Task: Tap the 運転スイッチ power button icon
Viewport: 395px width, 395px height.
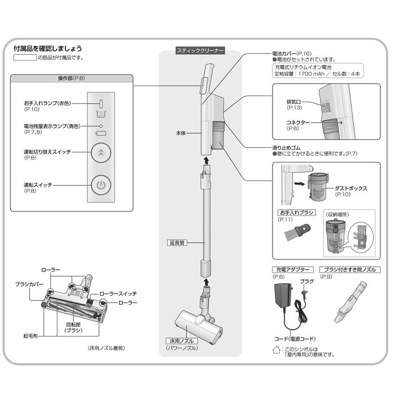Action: (100, 185)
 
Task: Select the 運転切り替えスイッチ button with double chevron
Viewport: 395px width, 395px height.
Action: (100, 152)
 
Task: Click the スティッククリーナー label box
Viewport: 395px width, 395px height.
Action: (200, 51)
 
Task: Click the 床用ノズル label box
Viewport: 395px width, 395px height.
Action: (181, 341)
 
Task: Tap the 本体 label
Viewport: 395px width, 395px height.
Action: (181, 134)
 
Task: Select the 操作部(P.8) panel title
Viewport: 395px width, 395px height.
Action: (72, 79)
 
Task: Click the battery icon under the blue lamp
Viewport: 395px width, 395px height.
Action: (100, 134)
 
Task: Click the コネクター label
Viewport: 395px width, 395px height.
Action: (298, 121)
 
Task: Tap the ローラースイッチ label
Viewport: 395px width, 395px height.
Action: (118, 294)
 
